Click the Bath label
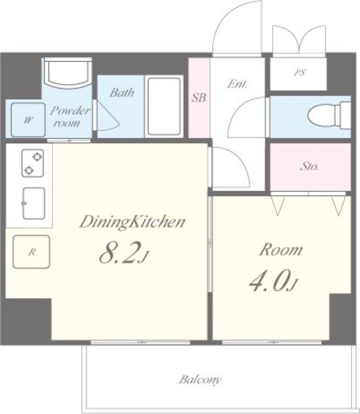(122, 93)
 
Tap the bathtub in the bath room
(164, 106)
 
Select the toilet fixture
(329, 115)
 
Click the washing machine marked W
(28, 120)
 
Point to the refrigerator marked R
(32, 252)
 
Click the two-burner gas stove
(33, 163)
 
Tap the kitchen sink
(34, 203)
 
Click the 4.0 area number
(273, 281)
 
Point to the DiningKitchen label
(132, 222)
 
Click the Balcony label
(200, 380)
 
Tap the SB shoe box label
(199, 98)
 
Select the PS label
(300, 72)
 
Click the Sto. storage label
(310, 167)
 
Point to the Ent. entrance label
(238, 84)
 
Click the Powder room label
(69, 116)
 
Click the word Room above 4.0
(281, 250)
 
